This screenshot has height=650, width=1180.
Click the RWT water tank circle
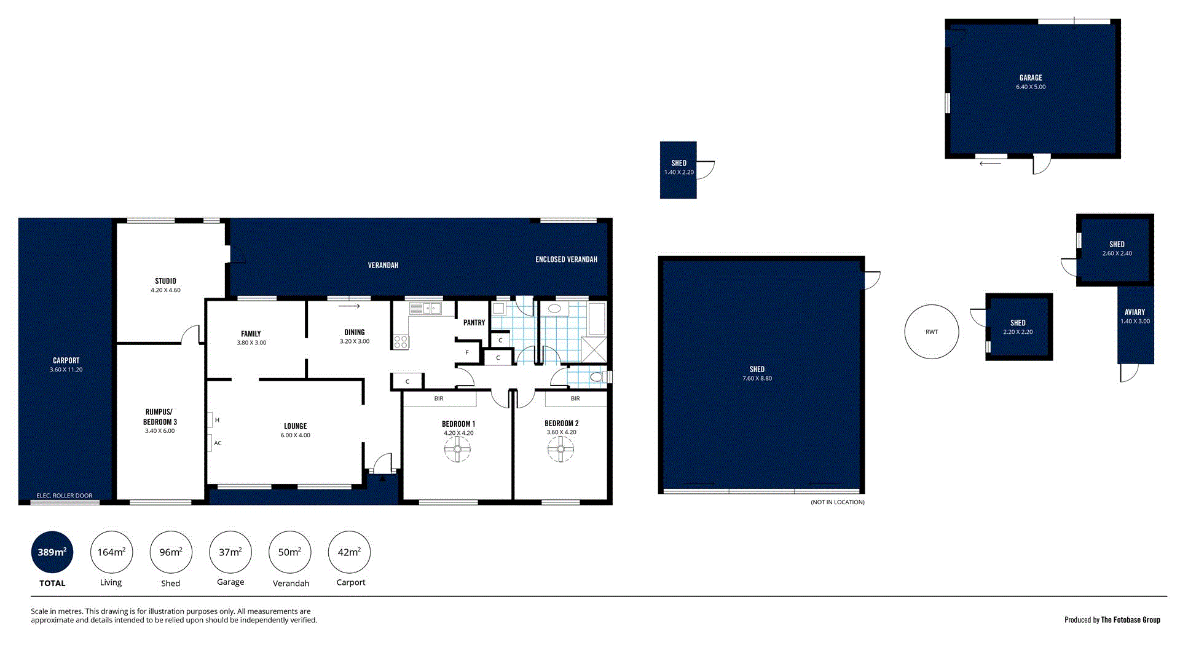click(x=931, y=331)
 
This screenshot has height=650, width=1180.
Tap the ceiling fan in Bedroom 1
click(x=457, y=450)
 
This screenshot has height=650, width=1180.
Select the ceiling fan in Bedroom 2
click(x=560, y=450)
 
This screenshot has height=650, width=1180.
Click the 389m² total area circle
click(x=52, y=552)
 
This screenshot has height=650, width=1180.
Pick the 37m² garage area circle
click(x=230, y=552)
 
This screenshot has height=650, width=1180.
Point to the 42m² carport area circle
click(x=349, y=552)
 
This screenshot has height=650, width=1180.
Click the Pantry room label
click(x=474, y=322)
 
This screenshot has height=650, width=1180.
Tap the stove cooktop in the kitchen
click(x=401, y=342)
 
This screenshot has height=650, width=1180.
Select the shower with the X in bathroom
click(x=594, y=349)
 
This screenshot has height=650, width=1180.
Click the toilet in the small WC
click(x=597, y=376)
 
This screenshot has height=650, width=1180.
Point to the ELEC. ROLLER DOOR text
click(x=65, y=496)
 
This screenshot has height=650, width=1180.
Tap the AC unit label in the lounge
click(x=218, y=443)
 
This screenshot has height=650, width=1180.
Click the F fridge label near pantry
click(x=467, y=352)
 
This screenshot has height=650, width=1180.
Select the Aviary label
click(x=1135, y=312)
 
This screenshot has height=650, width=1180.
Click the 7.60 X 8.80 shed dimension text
click(x=757, y=378)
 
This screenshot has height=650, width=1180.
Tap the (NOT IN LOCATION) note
click(x=837, y=502)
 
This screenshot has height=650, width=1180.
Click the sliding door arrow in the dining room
click(x=349, y=306)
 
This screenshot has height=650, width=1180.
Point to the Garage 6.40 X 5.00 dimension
click(x=1031, y=87)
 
